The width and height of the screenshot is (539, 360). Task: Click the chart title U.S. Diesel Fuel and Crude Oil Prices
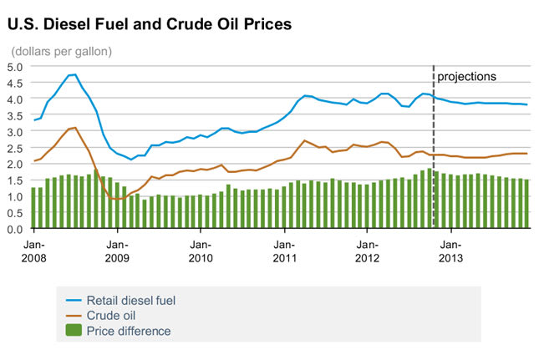tap(150, 24)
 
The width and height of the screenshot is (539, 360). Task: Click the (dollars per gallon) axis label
tap(62, 51)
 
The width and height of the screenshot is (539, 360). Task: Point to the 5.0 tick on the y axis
tap(15, 67)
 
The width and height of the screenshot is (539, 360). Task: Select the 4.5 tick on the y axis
tap(15, 83)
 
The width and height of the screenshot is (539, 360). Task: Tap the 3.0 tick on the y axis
tap(15, 131)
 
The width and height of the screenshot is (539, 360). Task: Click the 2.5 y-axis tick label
tap(15, 148)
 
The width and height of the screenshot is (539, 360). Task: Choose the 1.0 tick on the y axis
tap(15, 196)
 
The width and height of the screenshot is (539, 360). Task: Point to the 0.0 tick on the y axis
tap(15, 228)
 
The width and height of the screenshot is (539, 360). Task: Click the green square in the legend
tap(73, 332)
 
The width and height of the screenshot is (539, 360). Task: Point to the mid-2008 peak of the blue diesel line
tap(74, 75)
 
